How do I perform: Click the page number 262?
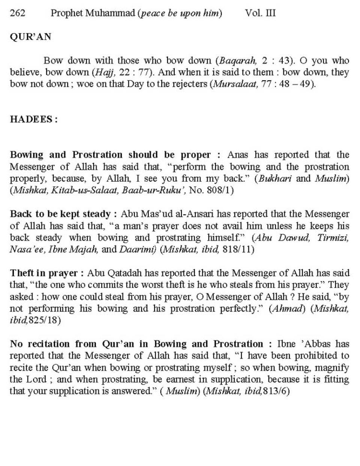pyautogui.click(x=18, y=14)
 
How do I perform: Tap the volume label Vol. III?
pyautogui.click(x=260, y=14)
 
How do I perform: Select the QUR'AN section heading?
pyautogui.click(x=30, y=37)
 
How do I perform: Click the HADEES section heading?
pyautogui.click(x=34, y=119)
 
